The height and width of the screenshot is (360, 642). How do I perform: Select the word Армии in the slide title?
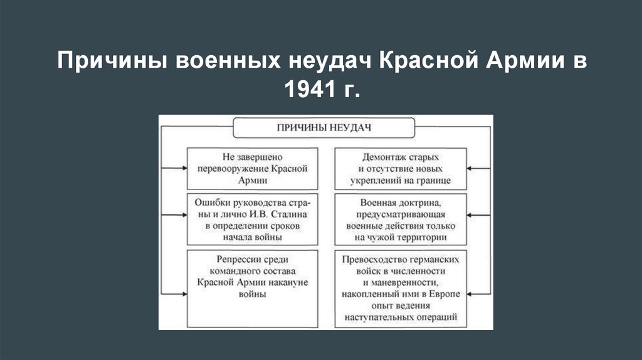(x=524, y=62)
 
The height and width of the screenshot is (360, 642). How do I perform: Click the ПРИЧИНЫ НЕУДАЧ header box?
(x=325, y=127)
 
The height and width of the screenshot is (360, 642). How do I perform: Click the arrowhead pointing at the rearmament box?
(x=184, y=169)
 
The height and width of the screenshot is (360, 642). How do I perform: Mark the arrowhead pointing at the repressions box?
(x=184, y=294)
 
